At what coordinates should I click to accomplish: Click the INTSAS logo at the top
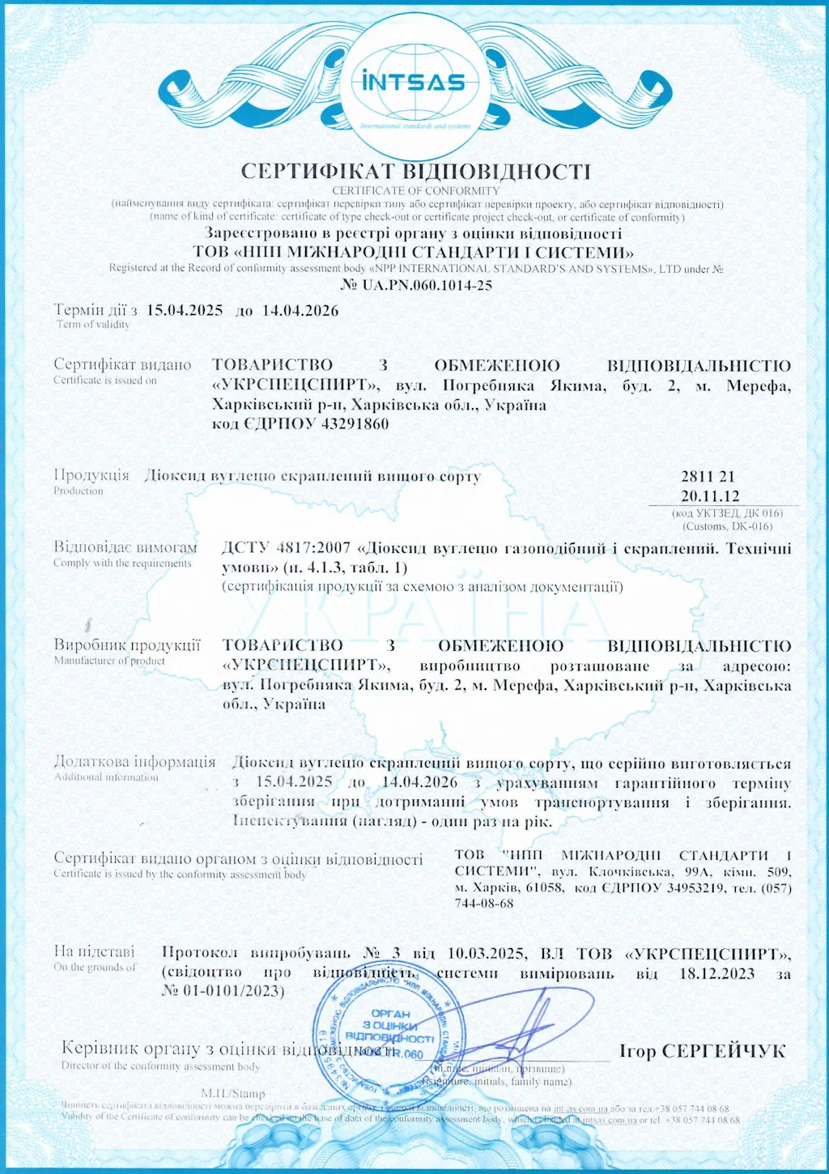coord(414,83)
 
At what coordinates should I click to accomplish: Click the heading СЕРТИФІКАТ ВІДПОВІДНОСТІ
coord(415,171)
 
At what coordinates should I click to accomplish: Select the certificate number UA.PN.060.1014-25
coord(427,285)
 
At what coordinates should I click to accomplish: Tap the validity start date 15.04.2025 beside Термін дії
coord(185,310)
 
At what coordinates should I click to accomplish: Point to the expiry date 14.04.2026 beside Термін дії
coord(300,310)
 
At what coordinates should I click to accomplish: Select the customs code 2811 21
coord(708,477)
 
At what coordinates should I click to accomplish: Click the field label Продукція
coord(91,475)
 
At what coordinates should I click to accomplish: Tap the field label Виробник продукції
coord(127,645)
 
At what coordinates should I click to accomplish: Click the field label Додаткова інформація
coord(134,762)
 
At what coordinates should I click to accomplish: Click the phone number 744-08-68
coord(484,904)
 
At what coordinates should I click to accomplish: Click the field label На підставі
coord(94,951)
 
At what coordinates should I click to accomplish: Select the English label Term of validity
coord(92,325)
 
